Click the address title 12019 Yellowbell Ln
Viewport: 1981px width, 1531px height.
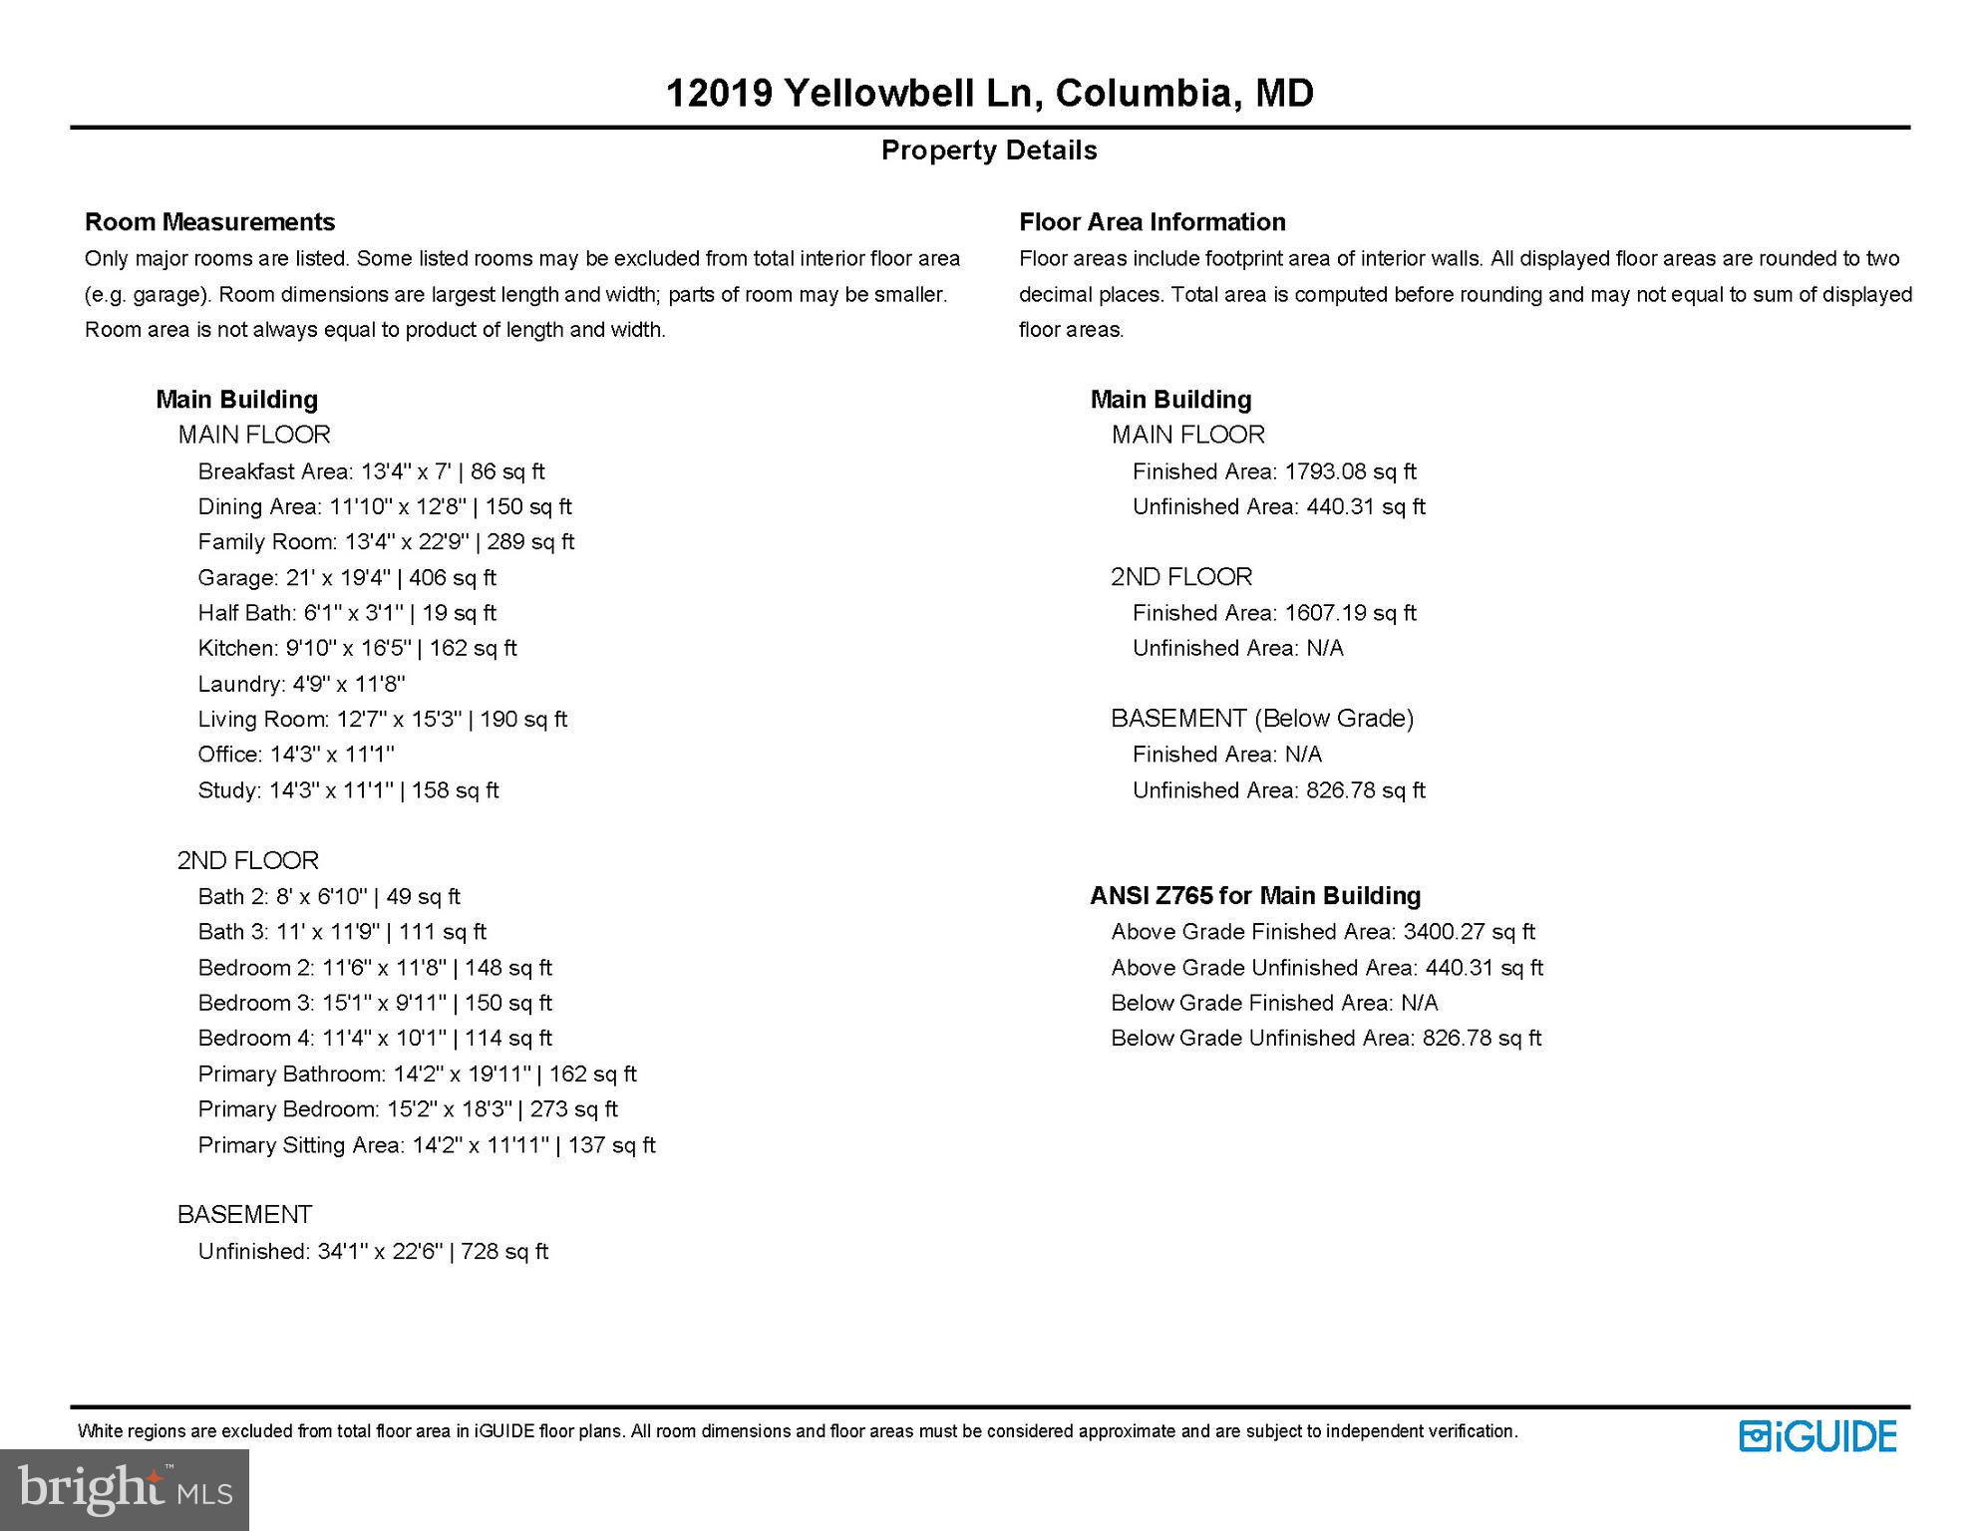click(x=989, y=94)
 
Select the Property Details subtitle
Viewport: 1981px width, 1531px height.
click(x=989, y=151)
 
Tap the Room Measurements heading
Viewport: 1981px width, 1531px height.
click(x=209, y=222)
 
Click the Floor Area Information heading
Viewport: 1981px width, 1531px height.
click(x=1152, y=222)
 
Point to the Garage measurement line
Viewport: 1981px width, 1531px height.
click(x=347, y=578)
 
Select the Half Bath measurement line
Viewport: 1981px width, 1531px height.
click(x=347, y=613)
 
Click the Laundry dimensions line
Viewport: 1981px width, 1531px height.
click(x=301, y=685)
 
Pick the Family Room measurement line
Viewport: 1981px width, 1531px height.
click(x=386, y=542)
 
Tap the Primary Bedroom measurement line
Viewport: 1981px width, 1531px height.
click(x=408, y=1109)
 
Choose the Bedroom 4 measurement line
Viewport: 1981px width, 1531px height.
click(x=375, y=1039)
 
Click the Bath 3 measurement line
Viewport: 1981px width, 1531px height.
click(x=342, y=932)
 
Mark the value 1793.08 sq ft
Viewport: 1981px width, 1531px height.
click(x=1350, y=471)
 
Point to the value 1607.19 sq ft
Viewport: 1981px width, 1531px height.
click(x=1350, y=613)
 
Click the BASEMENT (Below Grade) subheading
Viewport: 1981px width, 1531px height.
click(x=1262, y=719)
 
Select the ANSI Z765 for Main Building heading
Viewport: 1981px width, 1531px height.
click(x=1255, y=896)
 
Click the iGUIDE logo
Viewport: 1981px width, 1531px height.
click(x=1817, y=1436)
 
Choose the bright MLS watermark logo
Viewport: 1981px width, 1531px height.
click(x=125, y=1489)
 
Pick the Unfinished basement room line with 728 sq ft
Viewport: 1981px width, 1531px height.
click(x=373, y=1252)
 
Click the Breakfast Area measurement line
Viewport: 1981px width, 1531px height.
click(x=371, y=471)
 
